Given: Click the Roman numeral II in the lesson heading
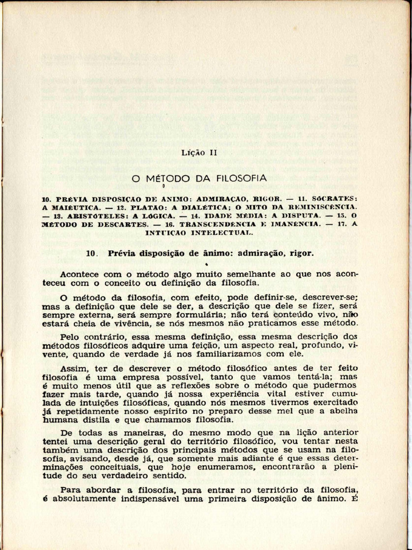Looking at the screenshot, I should [x=212, y=153].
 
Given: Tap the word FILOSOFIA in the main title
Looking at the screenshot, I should [x=242, y=178].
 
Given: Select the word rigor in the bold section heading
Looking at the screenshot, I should [x=301, y=253].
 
